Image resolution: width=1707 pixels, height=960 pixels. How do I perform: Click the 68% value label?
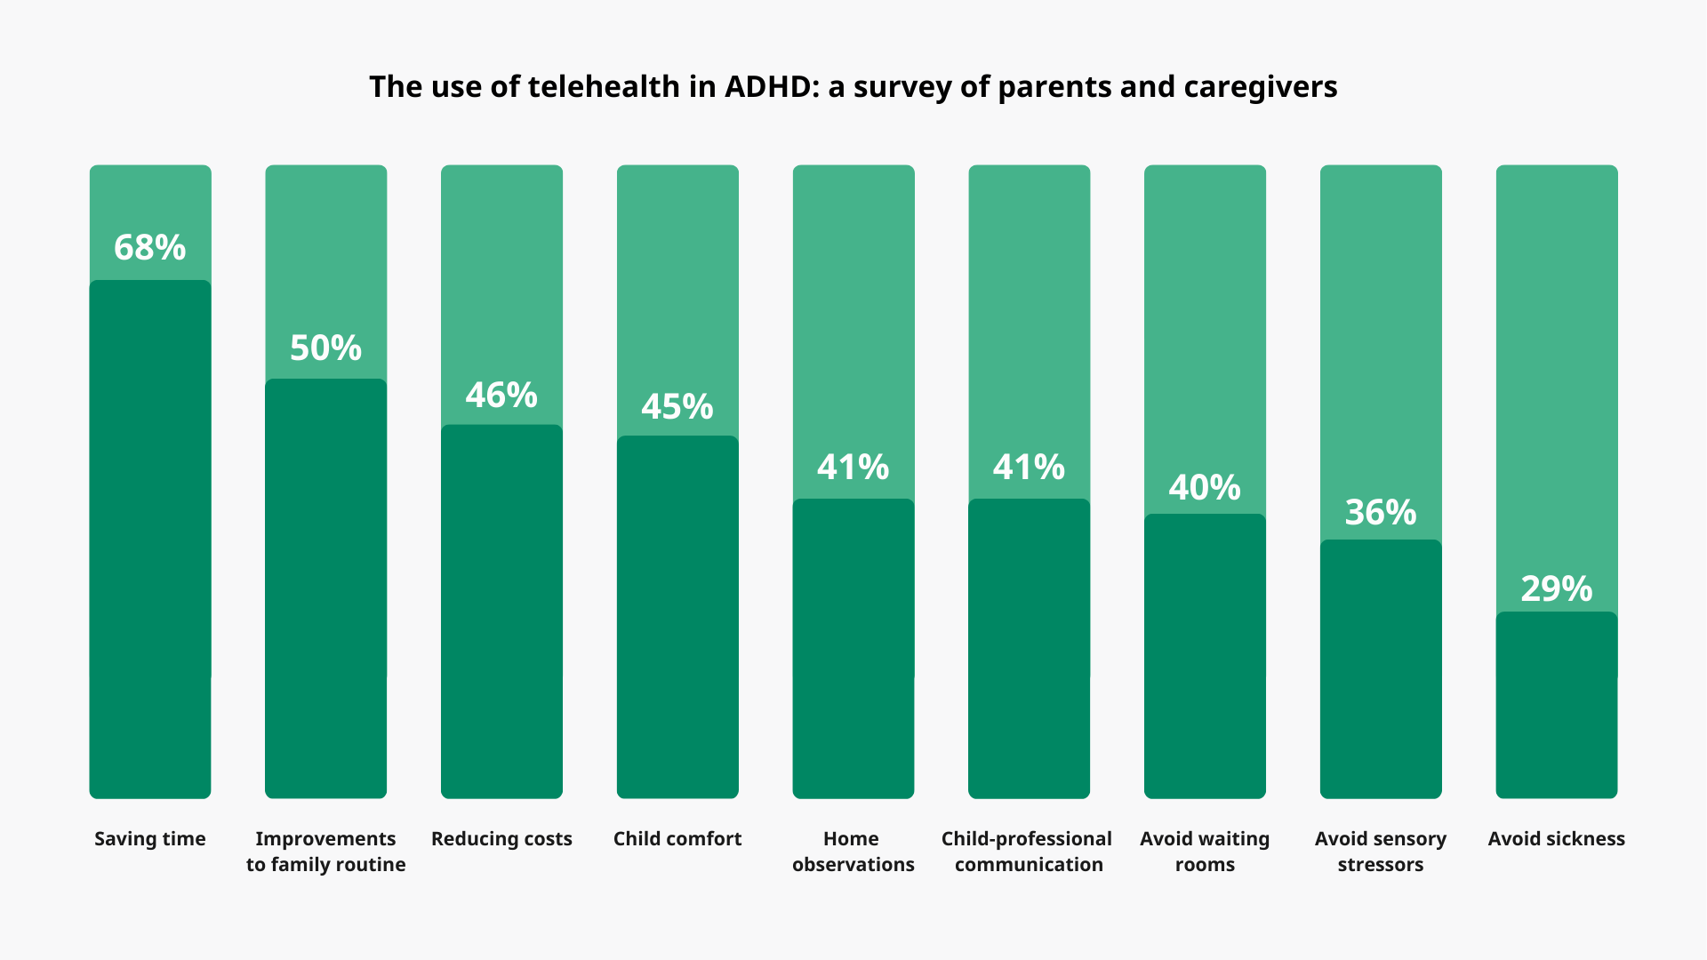point(149,247)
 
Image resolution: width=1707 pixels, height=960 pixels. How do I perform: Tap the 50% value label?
point(325,348)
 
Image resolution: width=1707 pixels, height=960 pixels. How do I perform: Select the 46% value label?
point(501,395)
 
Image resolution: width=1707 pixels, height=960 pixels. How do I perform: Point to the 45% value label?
point(677,406)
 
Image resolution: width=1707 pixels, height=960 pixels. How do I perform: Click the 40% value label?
point(1205,487)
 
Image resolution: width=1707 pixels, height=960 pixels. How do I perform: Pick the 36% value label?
point(1380,512)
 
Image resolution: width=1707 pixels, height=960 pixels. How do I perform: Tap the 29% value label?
point(1556,588)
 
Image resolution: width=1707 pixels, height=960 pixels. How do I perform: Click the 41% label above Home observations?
point(853,467)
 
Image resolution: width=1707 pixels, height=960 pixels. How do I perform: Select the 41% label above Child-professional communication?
point(1029,467)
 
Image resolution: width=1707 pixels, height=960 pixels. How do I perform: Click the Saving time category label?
point(149,838)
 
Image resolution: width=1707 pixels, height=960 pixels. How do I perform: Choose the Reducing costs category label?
point(501,838)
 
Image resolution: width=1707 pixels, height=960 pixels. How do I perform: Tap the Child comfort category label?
point(677,838)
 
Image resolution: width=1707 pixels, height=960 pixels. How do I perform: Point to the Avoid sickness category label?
point(1556,838)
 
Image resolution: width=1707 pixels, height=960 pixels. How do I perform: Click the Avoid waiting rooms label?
point(1205,851)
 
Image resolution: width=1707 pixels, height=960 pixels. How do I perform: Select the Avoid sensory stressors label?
point(1380,851)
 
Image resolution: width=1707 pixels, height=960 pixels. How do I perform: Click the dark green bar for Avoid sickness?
point(1556,707)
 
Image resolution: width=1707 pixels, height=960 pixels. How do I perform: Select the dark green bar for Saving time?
point(149,542)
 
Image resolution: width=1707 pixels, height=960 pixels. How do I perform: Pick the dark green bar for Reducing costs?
point(501,613)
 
